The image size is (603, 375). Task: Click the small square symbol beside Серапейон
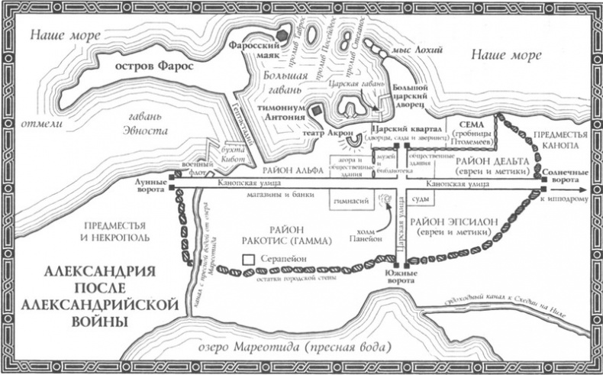click(x=248, y=260)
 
